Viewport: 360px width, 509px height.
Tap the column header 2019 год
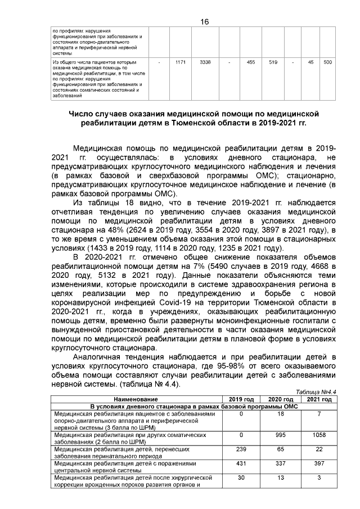pos(241,399)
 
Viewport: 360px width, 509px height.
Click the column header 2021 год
pos(319,399)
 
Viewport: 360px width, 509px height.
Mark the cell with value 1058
pos(319,435)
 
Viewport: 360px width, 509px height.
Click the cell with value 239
pos(241,449)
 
